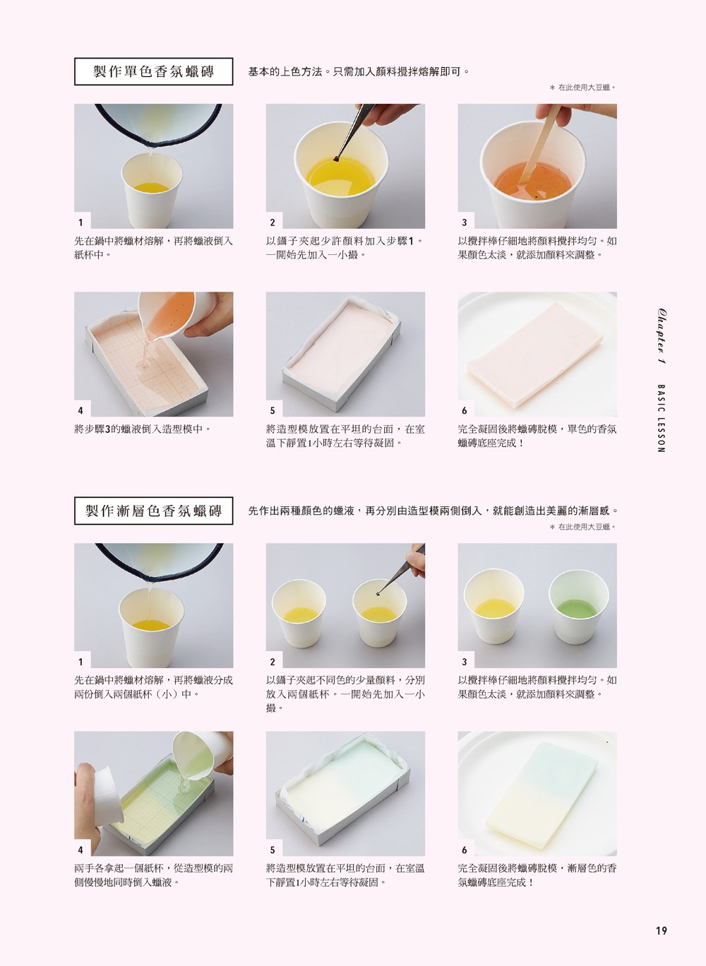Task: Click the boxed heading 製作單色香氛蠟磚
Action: pos(153,71)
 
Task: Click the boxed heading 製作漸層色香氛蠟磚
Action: pos(153,511)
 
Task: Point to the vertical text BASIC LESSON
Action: pos(661,418)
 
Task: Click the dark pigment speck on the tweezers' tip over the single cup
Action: pos(336,160)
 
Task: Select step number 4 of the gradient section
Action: pos(80,850)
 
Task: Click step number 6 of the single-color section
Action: pos(464,410)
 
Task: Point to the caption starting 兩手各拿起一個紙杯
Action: pos(153,876)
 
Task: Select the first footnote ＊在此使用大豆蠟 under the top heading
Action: pos(582,88)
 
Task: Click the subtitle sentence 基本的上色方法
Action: pos(359,71)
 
